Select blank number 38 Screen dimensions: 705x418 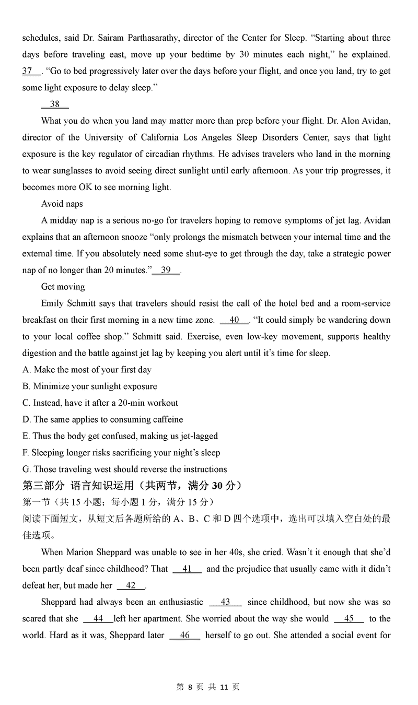55,104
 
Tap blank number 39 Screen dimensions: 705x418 166,270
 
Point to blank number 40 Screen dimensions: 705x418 235,320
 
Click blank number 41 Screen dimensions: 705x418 187,569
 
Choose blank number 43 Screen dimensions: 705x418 225,602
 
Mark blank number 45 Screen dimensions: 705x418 349,619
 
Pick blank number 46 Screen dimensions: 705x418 185,635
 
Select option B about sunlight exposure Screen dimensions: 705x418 89,386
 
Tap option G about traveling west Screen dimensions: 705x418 124,469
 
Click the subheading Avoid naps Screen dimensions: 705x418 62,204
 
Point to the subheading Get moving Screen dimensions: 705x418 63,287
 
